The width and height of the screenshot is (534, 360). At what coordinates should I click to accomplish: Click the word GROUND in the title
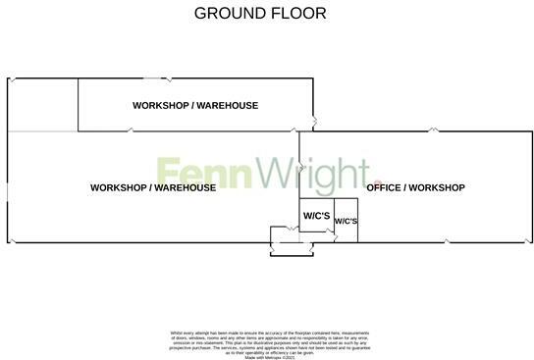pyautogui.click(x=228, y=13)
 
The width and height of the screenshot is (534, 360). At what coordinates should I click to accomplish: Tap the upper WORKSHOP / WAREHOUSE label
pyautogui.click(x=195, y=105)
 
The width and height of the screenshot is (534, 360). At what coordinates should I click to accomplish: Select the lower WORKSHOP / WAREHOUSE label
pyautogui.click(x=152, y=187)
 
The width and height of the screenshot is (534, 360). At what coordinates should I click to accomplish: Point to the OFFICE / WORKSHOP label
pyautogui.click(x=415, y=187)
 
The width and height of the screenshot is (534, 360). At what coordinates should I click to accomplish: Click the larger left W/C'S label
pyautogui.click(x=315, y=215)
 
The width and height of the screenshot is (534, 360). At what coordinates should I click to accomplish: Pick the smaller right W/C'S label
pyautogui.click(x=347, y=222)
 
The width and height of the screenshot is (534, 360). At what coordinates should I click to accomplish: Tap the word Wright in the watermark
pyautogui.click(x=304, y=175)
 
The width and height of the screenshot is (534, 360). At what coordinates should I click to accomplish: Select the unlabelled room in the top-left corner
pyautogui.click(x=42, y=104)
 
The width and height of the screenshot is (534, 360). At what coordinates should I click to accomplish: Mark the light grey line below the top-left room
pyautogui.click(x=42, y=131)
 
